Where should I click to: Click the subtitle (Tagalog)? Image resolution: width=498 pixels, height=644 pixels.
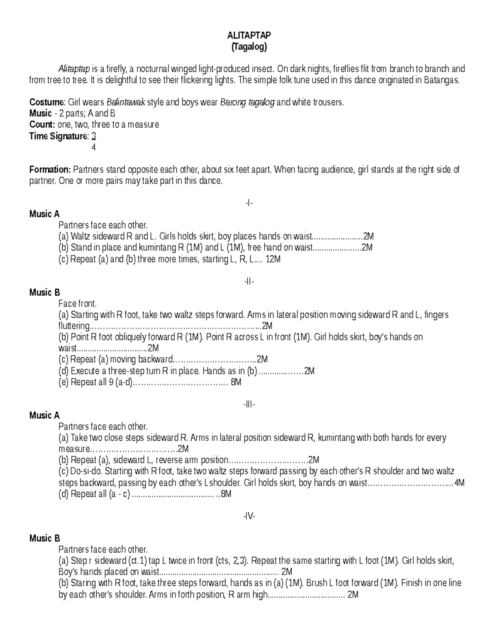point(249,46)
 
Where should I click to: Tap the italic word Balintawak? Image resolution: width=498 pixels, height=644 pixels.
point(126,102)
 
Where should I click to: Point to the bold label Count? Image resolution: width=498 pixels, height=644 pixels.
point(42,125)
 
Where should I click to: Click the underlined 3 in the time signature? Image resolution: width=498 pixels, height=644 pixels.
point(94,136)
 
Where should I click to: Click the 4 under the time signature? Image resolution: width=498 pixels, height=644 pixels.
point(94,147)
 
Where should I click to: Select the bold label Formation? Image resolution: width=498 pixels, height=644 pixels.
point(50,170)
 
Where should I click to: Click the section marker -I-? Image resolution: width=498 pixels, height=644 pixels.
point(249,203)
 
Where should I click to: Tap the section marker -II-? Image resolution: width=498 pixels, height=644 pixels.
point(249,281)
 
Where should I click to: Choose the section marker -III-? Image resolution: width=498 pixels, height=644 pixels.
point(249,404)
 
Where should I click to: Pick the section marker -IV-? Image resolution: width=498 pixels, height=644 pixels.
point(249,516)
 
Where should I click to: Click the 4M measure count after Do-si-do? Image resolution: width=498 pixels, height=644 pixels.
point(459,483)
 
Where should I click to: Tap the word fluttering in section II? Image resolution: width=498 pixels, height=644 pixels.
point(74,326)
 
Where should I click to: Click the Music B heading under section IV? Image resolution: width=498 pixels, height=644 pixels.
point(44,538)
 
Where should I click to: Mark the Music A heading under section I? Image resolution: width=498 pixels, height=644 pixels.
point(44,214)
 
